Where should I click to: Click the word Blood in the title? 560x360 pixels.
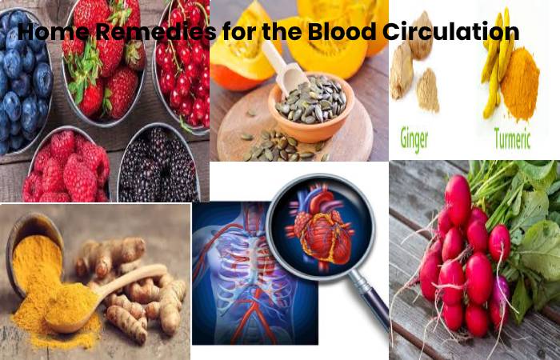pyautogui.click(x=342, y=31)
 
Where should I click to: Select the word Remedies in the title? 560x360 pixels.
pyautogui.click(x=156, y=31)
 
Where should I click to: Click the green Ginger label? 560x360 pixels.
pyautogui.click(x=414, y=138)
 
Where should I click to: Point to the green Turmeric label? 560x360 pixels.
pyautogui.click(x=512, y=138)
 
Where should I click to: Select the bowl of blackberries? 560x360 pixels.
pyautogui.click(x=158, y=162)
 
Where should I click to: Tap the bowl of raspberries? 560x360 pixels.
pyautogui.click(x=66, y=165)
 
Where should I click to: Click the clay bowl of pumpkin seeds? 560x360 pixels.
pyautogui.click(x=310, y=107)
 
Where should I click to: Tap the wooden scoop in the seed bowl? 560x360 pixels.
pyautogui.click(x=285, y=70)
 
